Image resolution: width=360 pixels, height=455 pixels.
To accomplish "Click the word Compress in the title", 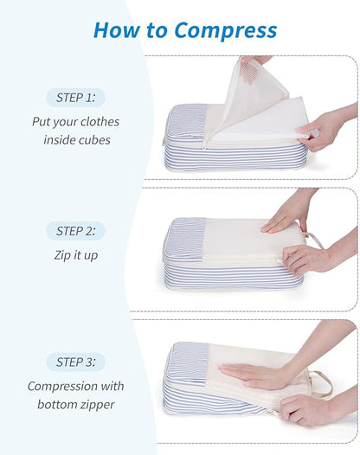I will (x=225, y=30).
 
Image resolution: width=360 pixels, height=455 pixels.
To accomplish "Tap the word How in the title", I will (x=112, y=30).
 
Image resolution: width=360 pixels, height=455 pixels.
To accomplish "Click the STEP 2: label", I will (x=75, y=231).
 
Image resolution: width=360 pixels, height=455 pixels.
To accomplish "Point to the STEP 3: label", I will (x=75, y=362).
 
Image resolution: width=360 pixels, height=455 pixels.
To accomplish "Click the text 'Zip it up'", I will (x=75, y=255).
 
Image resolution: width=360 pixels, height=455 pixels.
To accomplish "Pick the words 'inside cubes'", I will (x=76, y=139).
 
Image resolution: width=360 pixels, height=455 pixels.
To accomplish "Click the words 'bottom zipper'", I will (x=75, y=404).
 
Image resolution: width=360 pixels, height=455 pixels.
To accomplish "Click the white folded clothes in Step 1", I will (x=260, y=121).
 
